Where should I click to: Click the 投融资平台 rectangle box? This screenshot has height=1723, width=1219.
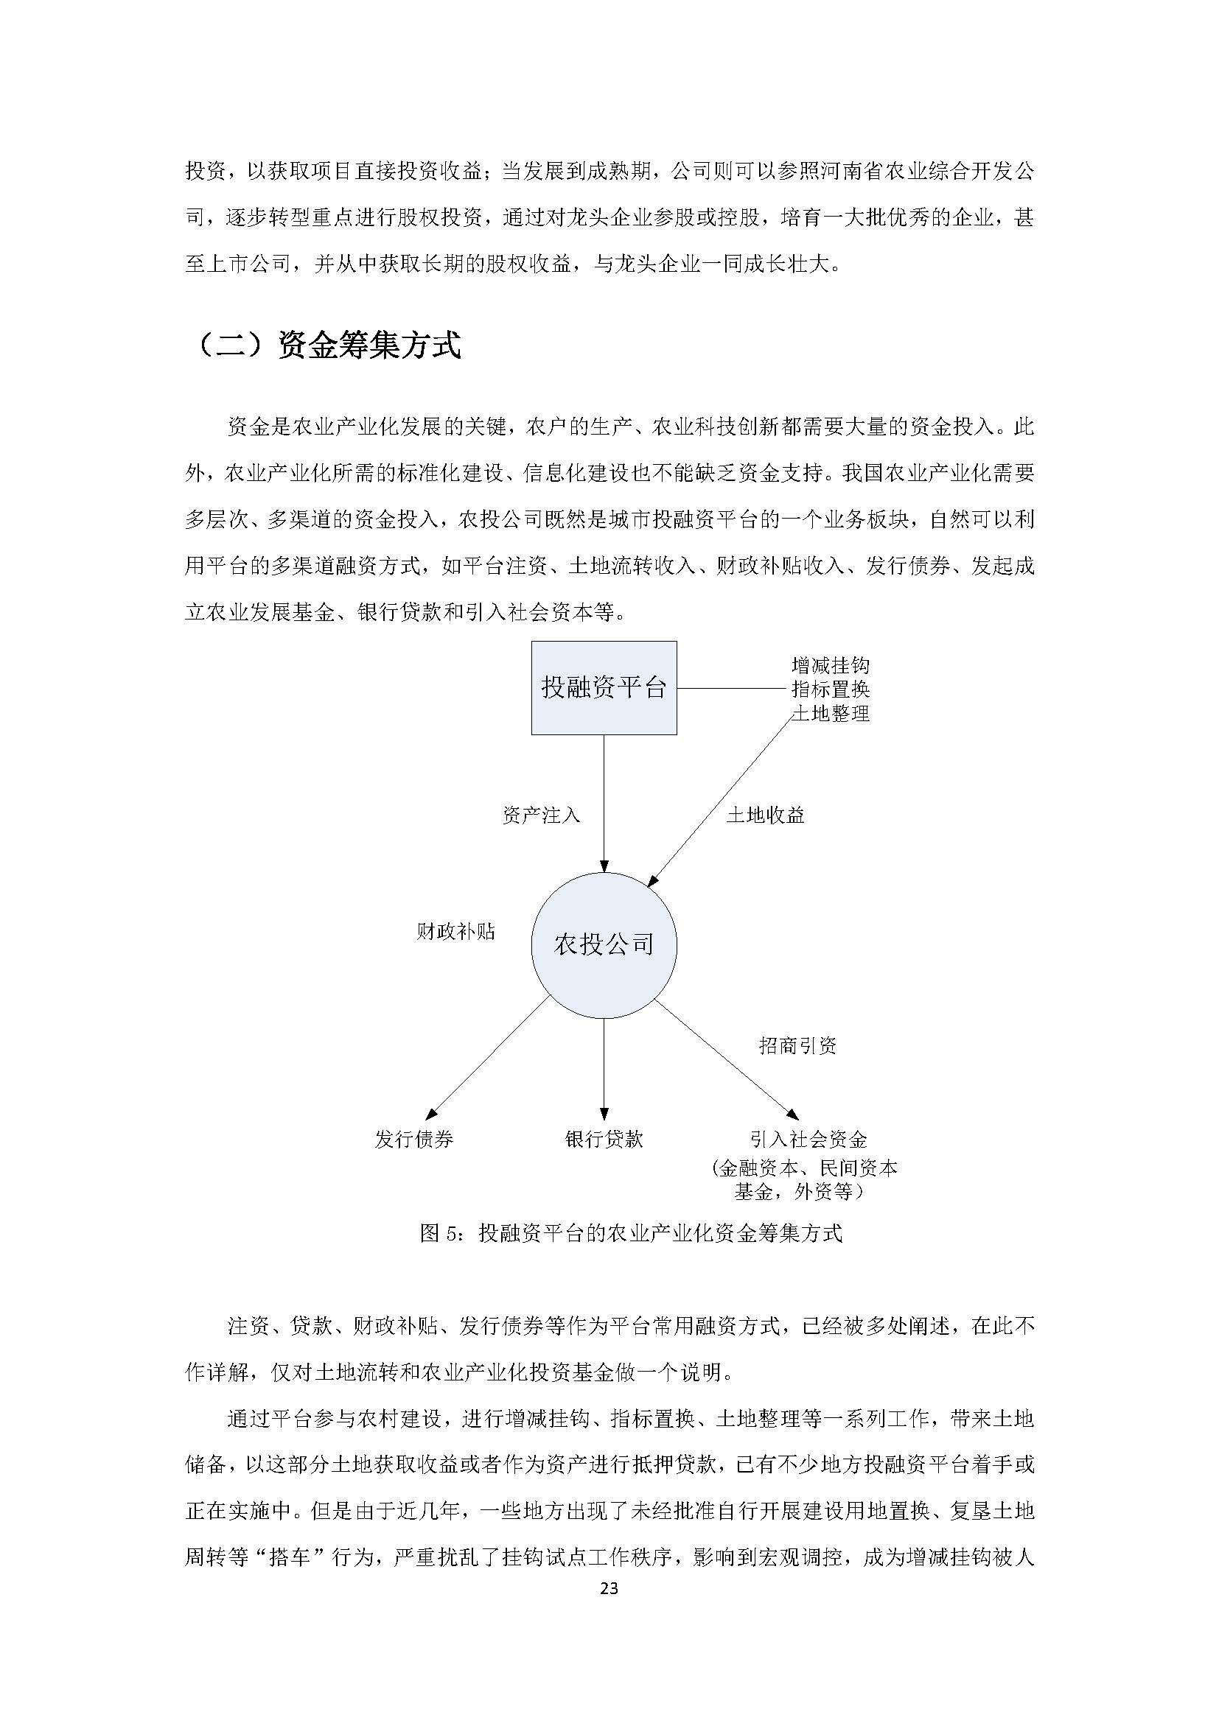604,687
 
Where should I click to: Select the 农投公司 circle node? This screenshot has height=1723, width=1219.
604,944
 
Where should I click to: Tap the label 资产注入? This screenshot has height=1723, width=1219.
540,815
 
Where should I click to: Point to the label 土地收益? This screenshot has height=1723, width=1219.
765,815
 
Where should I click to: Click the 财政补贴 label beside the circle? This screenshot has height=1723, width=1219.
455,932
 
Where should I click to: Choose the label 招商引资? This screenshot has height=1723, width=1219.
797,1046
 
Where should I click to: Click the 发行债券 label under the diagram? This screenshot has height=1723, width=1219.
414,1139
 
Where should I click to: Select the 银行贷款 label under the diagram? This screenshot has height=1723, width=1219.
604,1139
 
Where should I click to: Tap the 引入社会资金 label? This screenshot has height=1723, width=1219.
808,1139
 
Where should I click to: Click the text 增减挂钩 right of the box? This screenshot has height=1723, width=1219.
830,665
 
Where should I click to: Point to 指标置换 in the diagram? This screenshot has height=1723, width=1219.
830,689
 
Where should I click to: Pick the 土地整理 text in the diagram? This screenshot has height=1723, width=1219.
830,713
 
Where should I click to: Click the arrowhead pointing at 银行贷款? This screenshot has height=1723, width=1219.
604,1115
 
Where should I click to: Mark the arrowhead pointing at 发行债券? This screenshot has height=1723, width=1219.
431,1114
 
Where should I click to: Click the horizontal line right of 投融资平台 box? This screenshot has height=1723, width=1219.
732,688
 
